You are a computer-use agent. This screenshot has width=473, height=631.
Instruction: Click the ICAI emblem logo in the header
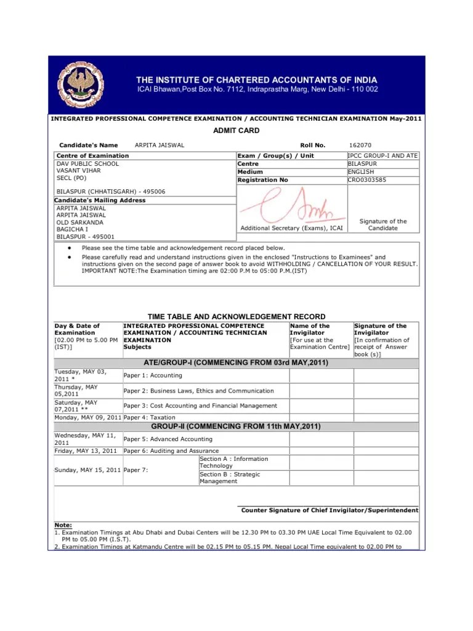81,84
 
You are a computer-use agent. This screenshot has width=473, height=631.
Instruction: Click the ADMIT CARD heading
236,131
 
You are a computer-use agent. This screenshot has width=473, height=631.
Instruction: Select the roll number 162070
360,145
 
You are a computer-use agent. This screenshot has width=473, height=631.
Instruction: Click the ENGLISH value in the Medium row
361,172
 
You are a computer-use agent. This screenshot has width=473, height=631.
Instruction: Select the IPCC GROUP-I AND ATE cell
382,156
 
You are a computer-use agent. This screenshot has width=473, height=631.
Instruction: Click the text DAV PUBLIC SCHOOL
87,164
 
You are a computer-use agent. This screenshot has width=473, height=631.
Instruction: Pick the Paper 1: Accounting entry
153,375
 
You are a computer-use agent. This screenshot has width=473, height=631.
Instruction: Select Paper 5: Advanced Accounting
168,439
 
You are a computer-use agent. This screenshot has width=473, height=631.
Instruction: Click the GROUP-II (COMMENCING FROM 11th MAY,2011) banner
236,427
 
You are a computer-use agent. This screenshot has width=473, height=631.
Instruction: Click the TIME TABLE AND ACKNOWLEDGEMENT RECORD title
236,316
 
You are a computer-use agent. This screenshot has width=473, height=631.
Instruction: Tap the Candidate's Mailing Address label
100,200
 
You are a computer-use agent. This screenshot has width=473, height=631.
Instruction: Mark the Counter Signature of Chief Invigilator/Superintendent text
329,510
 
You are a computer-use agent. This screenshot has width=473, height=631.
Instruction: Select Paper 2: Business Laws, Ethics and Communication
198,391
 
